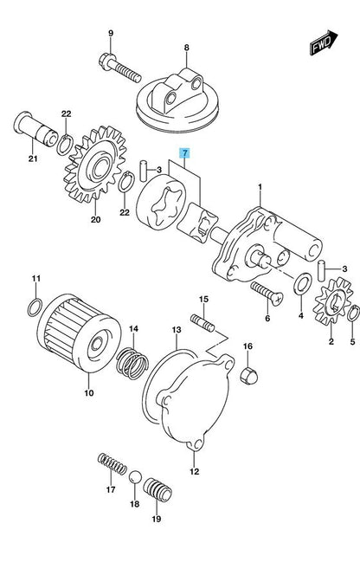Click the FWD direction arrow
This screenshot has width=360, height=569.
coord(324,42)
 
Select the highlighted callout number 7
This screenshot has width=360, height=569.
coord(185,153)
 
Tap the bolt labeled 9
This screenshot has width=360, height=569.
coord(119,68)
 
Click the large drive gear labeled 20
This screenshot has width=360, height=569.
coord(95,165)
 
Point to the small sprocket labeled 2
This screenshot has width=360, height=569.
coord(332,301)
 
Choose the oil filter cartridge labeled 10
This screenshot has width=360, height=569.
coord(80,333)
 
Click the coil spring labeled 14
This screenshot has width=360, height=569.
coord(132,364)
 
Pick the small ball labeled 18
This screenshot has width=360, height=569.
coord(134,477)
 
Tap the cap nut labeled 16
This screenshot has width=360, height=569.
coord(249,376)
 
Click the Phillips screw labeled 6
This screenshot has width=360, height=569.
coord(267,294)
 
